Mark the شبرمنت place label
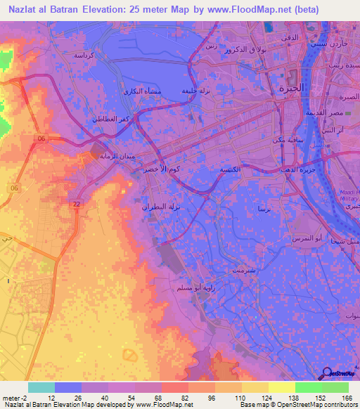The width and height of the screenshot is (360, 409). pyautogui.click(x=234, y=269)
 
